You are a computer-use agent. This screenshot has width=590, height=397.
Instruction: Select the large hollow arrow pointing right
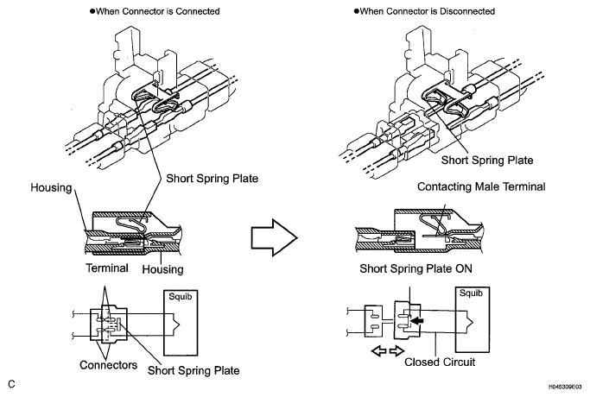[275, 237]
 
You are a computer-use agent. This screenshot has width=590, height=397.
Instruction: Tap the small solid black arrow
[416, 321]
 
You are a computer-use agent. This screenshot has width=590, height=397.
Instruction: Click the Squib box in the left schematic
[181, 323]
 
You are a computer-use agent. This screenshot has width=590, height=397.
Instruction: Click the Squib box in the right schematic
[473, 319]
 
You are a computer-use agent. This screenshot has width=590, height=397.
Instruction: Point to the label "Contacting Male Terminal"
[481, 186]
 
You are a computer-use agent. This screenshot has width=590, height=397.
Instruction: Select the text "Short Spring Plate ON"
[416, 268]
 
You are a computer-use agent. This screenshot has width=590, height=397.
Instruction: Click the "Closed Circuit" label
[440, 362]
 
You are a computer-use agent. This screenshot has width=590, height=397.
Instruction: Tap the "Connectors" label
[108, 365]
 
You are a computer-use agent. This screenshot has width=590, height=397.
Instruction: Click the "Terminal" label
[107, 268]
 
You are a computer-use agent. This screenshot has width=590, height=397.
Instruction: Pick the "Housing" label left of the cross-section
[51, 187]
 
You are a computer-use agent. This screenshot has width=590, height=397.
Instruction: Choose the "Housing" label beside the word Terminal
[163, 269]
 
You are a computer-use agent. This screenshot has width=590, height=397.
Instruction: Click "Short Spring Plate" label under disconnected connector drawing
[487, 161]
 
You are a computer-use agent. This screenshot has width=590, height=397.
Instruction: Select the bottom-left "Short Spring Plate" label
[193, 370]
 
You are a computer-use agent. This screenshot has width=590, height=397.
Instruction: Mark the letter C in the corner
[12, 384]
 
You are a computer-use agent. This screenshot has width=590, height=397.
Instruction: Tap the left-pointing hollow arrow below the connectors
[379, 351]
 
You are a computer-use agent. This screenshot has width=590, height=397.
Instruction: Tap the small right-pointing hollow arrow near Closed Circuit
[397, 351]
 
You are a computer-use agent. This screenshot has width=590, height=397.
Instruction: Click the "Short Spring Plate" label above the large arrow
[213, 178]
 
